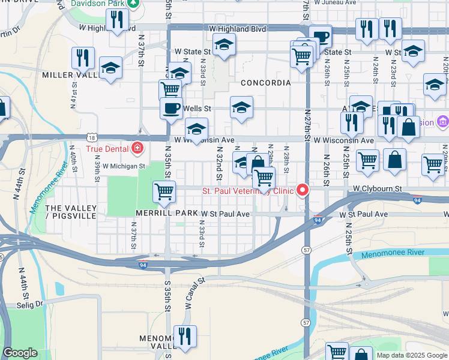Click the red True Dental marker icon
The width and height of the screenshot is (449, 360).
point(137,148)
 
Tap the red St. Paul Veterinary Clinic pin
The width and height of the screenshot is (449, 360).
point(303,190)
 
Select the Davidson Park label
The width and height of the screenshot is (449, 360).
point(98,4)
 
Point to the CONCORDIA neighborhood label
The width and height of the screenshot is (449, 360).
point(265,82)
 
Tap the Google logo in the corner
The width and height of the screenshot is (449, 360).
point(20,353)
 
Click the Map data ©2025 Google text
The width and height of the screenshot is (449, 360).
point(411,355)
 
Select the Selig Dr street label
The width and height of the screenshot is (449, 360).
point(31,304)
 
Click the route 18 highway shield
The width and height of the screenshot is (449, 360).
point(90,137)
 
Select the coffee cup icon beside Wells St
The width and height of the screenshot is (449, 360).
point(171,108)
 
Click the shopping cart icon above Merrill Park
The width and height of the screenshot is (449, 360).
point(164,192)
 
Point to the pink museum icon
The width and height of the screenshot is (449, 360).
point(442,122)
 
